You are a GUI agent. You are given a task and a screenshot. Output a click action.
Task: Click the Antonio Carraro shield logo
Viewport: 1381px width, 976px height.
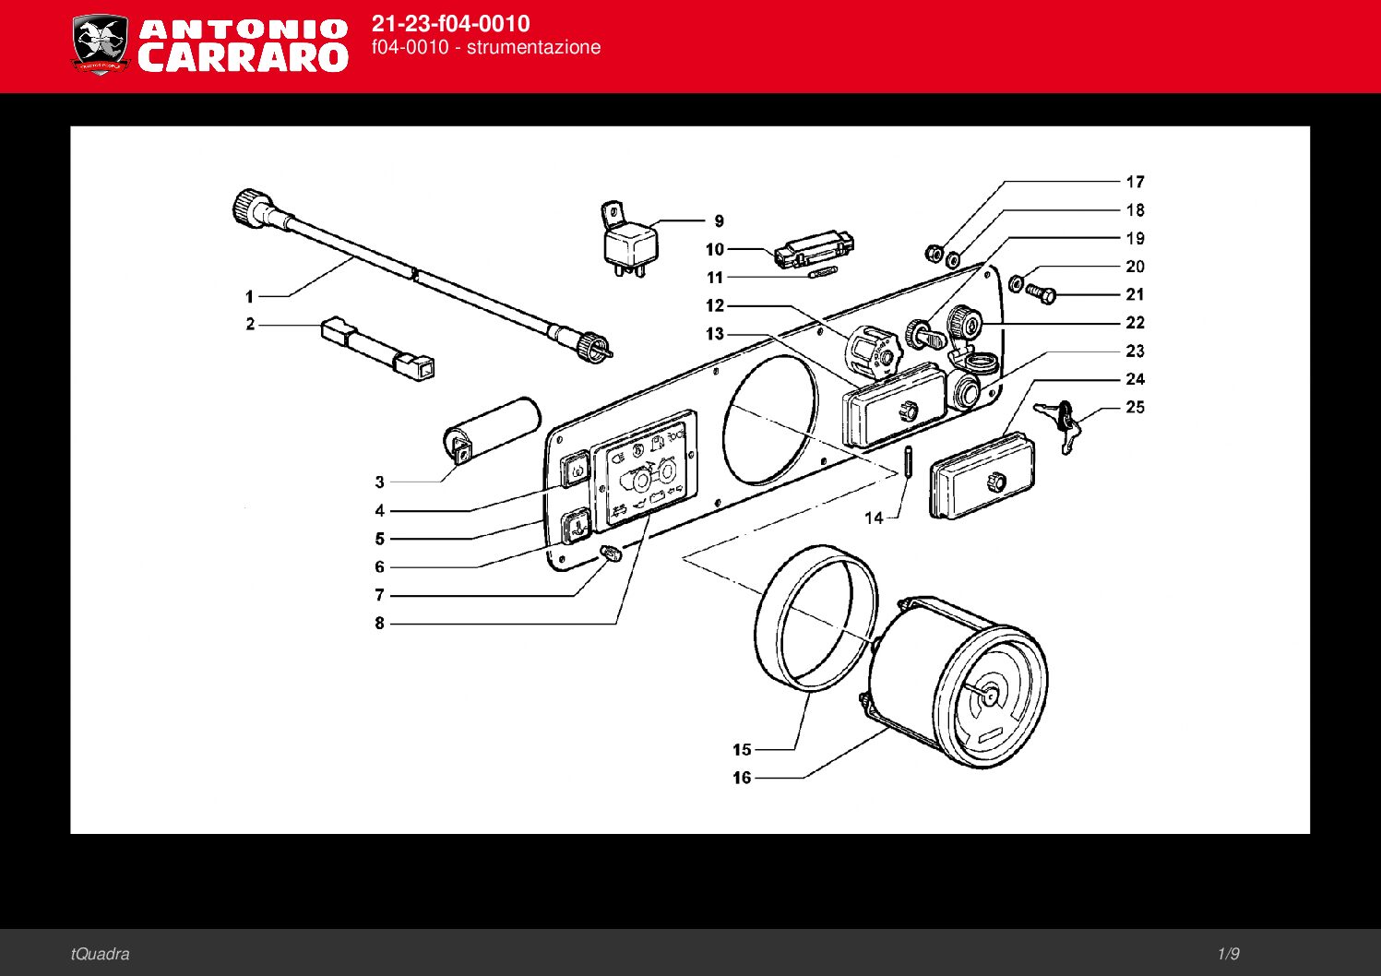point(100,43)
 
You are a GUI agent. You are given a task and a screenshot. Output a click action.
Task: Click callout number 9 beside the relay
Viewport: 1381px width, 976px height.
point(719,221)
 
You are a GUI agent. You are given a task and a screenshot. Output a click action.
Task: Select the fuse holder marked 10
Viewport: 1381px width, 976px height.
point(814,250)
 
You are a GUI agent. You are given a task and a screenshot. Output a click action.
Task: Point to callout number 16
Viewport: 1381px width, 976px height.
point(742,778)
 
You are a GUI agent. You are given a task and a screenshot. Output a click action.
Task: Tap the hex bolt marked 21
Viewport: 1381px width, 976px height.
point(1041,293)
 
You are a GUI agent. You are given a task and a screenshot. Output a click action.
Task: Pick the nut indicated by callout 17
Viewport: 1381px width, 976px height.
point(934,253)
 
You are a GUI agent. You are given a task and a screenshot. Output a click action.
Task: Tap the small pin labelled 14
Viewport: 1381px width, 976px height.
point(908,460)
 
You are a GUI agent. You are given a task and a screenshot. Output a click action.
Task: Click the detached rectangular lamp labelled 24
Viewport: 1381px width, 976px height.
point(982,477)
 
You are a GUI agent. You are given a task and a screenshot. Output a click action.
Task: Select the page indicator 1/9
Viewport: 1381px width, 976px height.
point(1228,954)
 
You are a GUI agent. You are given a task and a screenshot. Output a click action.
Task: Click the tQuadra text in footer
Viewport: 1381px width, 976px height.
point(100,954)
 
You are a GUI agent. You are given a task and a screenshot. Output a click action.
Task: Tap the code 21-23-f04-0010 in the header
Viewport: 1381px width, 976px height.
point(450,24)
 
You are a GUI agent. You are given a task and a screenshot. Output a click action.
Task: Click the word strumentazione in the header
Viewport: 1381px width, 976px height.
point(533,48)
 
